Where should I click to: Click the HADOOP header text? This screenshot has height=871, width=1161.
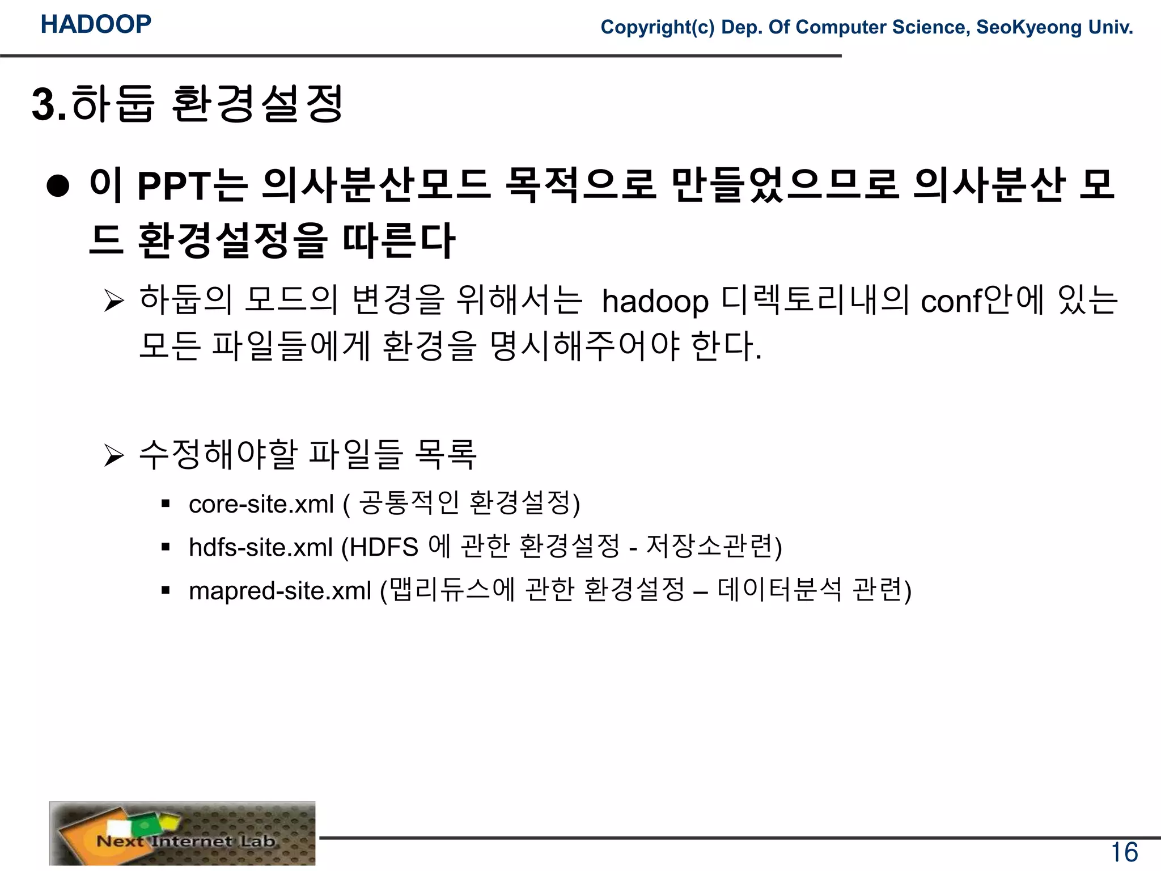point(96,24)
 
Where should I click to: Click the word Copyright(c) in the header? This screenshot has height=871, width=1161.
point(658,27)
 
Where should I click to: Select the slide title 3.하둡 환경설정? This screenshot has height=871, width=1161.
point(188,104)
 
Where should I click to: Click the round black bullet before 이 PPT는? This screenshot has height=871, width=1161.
point(58,186)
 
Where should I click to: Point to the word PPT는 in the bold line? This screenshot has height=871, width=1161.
point(192,186)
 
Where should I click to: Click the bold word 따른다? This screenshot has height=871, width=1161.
point(399,240)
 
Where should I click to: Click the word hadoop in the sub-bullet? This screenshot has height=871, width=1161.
point(655,301)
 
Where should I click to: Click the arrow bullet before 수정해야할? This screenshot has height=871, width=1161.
point(114,455)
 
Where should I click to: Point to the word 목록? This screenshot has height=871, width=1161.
point(446,455)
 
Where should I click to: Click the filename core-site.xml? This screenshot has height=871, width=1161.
point(261,504)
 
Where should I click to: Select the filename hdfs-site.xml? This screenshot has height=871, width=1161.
point(261,547)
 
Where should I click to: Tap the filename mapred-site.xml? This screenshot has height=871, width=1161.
point(280,591)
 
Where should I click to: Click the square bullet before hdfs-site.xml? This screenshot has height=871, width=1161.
point(166,547)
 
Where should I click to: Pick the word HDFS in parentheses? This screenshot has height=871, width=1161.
point(384,547)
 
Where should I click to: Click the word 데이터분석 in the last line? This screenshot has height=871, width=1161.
point(779,590)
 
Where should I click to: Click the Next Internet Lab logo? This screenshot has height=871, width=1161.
point(182,834)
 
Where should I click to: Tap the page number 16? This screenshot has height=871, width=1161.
point(1124,852)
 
